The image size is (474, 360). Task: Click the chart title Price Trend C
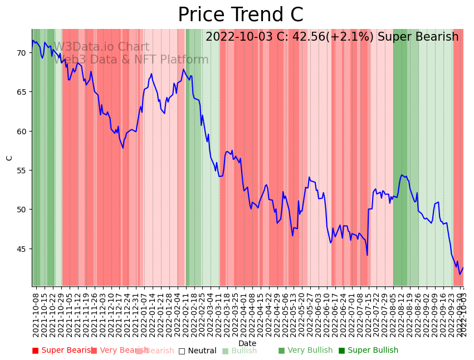[240, 15]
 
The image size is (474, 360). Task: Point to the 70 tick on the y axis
[21, 53]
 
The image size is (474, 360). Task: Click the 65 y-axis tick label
[21, 92]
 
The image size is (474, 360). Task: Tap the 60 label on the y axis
[21, 132]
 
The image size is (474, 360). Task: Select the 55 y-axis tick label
[21, 171]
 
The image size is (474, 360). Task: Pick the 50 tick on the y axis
[21, 210]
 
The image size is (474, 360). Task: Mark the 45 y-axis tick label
[21, 249]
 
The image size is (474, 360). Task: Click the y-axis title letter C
[9, 158]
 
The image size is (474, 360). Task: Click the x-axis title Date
[247, 343]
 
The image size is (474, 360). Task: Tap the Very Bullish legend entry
[305, 351]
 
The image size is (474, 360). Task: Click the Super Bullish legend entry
[368, 351]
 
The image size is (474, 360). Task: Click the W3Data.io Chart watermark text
[101, 47]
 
